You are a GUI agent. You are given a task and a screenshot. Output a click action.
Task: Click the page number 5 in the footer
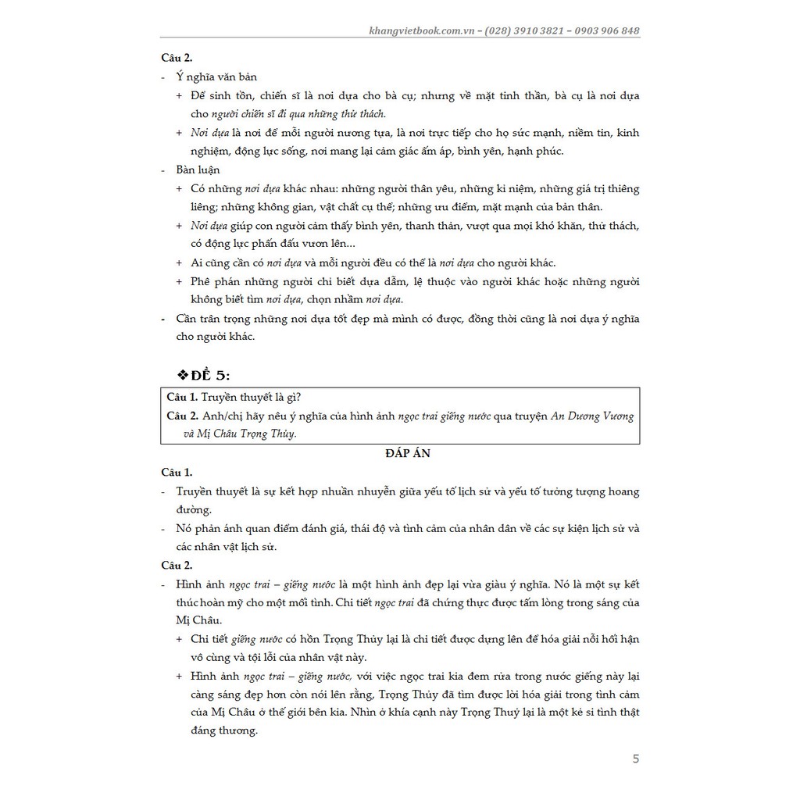[635, 759]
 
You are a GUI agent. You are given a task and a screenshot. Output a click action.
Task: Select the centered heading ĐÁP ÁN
[399, 454]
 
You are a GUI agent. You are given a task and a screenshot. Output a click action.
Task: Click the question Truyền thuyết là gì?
[243, 397]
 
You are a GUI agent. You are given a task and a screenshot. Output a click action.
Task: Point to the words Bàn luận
[198, 170]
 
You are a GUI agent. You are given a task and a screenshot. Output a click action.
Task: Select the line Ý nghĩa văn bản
[216, 77]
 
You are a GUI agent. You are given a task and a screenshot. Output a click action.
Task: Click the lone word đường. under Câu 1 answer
[194, 509]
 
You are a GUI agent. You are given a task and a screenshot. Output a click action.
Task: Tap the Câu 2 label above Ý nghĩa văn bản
[177, 58]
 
